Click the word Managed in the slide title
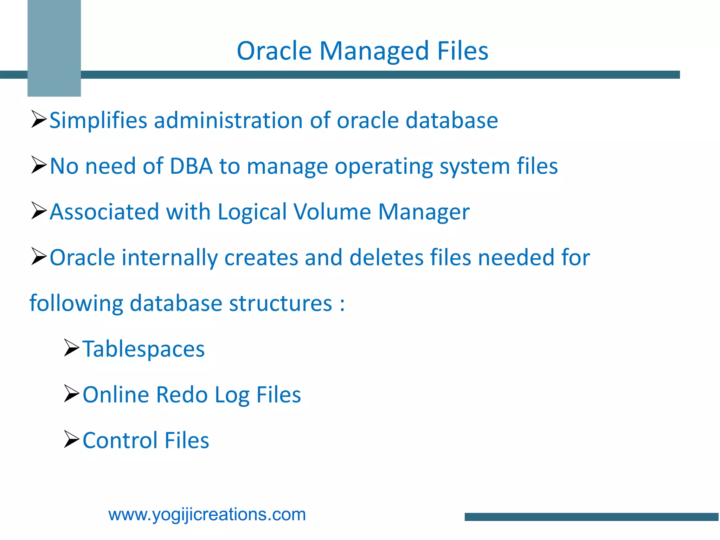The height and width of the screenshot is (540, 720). (x=374, y=51)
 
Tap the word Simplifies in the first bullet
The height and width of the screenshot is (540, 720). (x=98, y=121)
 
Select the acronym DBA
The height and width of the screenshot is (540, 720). (x=191, y=166)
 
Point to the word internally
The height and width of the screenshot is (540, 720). (x=169, y=257)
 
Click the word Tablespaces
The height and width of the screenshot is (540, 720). (x=143, y=349)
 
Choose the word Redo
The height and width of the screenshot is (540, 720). (x=181, y=394)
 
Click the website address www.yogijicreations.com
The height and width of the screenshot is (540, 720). (x=207, y=514)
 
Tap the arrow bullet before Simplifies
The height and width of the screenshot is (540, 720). (x=39, y=119)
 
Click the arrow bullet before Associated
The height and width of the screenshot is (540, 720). (x=39, y=211)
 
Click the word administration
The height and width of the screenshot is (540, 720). (x=228, y=121)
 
